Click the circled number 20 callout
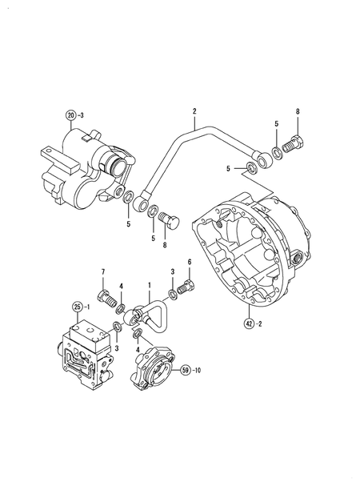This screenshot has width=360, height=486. [71, 115]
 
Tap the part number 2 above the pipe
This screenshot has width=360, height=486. [194, 110]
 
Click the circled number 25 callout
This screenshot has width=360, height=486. [78, 307]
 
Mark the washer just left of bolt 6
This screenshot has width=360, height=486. [172, 295]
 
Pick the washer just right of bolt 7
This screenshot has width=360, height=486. [120, 309]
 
